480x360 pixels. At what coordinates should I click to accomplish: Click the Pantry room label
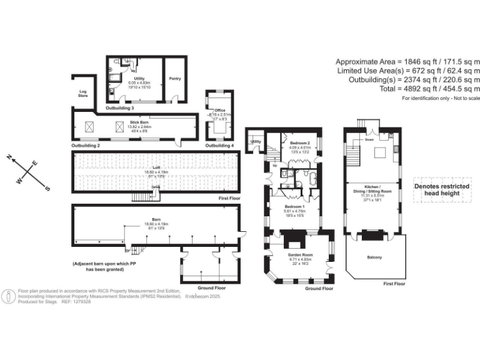tap(174, 79)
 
